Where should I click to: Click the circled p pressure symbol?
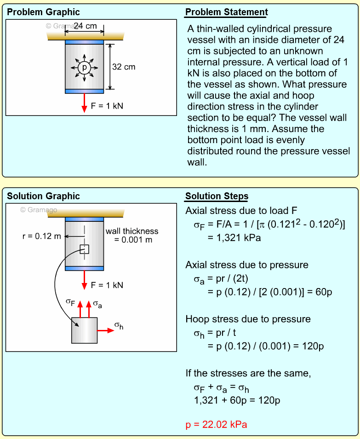(x=84, y=67)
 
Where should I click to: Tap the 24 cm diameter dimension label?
(x=85, y=26)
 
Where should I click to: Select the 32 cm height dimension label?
(x=124, y=67)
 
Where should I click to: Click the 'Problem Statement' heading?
(x=226, y=12)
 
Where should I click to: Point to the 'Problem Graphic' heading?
(x=43, y=12)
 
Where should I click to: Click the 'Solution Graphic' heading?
(x=43, y=196)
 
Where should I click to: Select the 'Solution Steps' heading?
(x=217, y=196)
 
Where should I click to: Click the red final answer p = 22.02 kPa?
(x=219, y=425)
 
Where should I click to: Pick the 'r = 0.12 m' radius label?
(x=41, y=236)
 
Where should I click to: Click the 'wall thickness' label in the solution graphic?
(x=132, y=231)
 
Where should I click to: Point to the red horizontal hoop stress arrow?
(x=105, y=330)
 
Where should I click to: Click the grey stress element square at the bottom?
(x=84, y=330)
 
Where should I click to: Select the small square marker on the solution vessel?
(x=84, y=249)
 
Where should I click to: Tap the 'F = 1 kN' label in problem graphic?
(x=107, y=106)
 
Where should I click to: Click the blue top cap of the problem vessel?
(x=84, y=42)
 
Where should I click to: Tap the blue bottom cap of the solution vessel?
(x=84, y=268)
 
